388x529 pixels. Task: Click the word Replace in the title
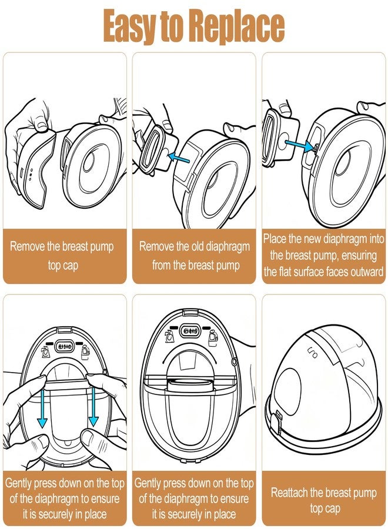(236, 26)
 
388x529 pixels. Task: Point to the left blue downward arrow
(42, 407)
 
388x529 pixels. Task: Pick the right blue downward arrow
(93, 407)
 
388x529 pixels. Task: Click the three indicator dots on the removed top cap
(31, 175)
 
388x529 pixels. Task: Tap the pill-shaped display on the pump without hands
(191, 330)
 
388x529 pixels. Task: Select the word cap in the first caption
(71, 266)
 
